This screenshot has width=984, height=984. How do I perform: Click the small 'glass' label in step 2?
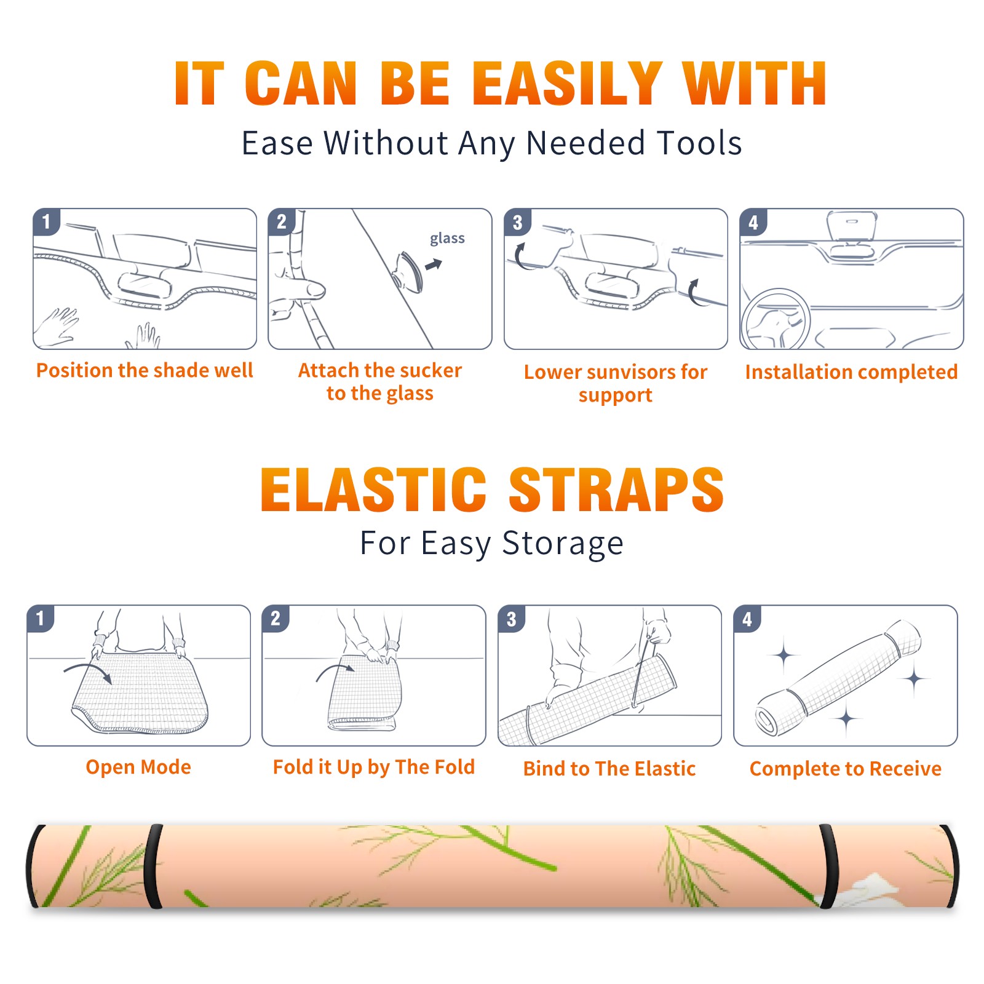pyautogui.click(x=447, y=239)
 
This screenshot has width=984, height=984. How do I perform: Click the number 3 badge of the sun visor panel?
pyautogui.click(x=517, y=223)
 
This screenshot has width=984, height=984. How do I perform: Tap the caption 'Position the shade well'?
pyautogui.click(x=145, y=370)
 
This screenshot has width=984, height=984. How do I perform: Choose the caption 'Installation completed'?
pyautogui.click(x=851, y=372)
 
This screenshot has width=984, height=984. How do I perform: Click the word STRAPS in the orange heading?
pyautogui.click(x=616, y=490)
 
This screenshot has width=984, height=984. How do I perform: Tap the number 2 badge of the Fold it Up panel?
pyautogui.click(x=276, y=619)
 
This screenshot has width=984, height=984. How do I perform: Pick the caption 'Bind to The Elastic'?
pyautogui.click(x=609, y=769)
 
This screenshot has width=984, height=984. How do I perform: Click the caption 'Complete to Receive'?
pyautogui.click(x=845, y=769)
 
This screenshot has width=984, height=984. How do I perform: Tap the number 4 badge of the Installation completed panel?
pyautogui.click(x=753, y=223)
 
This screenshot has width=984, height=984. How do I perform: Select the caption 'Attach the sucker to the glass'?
pyautogui.click(x=380, y=382)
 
